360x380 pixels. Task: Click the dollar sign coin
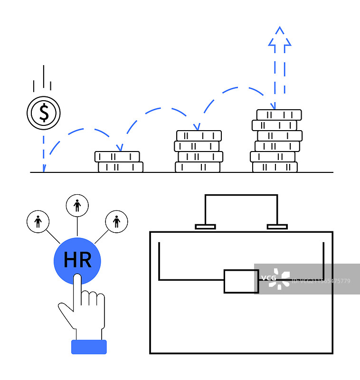[x=44, y=113]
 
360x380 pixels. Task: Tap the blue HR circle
[x=77, y=260]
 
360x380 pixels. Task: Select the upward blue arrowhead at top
[x=280, y=37]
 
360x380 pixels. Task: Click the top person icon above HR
[x=77, y=206]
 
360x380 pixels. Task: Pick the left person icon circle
[x=38, y=221]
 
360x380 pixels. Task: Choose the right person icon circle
[x=117, y=221]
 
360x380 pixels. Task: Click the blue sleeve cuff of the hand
[x=89, y=347]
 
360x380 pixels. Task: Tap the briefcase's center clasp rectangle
[x=241, y=281]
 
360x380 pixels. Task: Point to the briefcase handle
[x=241, y=196]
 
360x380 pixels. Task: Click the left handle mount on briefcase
[x=205, y=227]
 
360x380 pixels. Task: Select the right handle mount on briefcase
[x=277, y=227]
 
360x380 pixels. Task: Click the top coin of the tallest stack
[x=279, y=114]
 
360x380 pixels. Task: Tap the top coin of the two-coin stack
[x=117, y=156]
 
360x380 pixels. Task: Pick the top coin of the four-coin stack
[x=199, y=135]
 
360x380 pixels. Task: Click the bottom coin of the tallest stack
[x=275, y=167]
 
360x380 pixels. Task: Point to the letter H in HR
[x=70, y=260]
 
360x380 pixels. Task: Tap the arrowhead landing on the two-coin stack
[x=120, y=148]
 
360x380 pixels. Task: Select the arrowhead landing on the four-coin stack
[x=197, y=127]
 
